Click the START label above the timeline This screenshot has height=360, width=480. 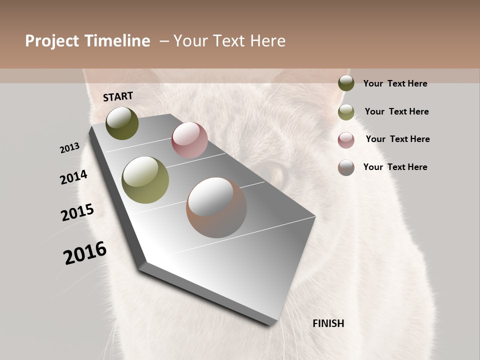pos(118,96)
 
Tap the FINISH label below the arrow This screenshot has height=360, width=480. pos(328,323)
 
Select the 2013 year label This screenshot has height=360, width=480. pos(69,148)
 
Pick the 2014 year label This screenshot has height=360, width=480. pos(73,177)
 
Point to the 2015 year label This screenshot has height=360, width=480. pos(77,212)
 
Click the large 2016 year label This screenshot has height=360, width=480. pos(85,253)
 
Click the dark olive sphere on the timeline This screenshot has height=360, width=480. pos(122,123)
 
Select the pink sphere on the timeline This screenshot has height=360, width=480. pos(189,140)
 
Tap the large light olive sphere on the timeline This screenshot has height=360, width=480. pos(145,180)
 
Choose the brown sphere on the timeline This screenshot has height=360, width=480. pos(216,207)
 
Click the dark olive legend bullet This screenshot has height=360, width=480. pos(346,83)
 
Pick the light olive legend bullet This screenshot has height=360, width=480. pos(346,112)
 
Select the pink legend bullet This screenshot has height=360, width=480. pos(346,140)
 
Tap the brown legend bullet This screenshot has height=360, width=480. pos(346,167)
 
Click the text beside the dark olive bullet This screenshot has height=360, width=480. pos(395,83)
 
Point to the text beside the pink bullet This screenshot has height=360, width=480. pos(397,139)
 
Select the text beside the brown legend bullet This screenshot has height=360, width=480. pos(395,167)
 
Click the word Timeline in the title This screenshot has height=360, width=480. pos(117,41)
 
